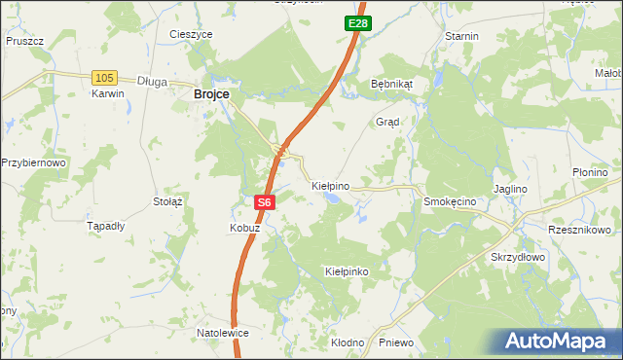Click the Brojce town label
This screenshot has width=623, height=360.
[211, 93]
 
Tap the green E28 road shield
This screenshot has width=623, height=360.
[357, 22]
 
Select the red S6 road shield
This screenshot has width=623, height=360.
[266, 202]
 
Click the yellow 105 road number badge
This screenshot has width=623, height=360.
[104, 77]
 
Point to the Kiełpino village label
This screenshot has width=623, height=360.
[330, 184]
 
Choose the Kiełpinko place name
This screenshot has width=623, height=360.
[347, 271]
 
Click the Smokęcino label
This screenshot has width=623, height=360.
[449, 200]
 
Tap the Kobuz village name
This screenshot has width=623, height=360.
[244, 227]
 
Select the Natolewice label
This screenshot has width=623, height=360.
[223, 333]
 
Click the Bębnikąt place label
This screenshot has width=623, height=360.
[392, 84]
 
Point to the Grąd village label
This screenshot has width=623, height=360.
[388, 122]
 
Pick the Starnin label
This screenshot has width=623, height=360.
[461, 36]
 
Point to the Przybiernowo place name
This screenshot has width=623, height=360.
[33, 162]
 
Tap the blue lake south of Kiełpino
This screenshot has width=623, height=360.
[334, 198]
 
